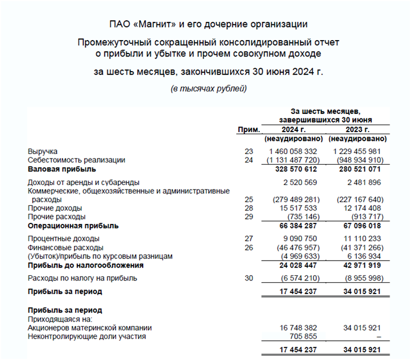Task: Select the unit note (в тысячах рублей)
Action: (209, 89)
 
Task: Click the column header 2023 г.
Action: (357, 129)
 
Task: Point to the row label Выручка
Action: (43, 152)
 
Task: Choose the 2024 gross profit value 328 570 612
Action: (296, 169)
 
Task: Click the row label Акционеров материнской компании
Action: (90, 328)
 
